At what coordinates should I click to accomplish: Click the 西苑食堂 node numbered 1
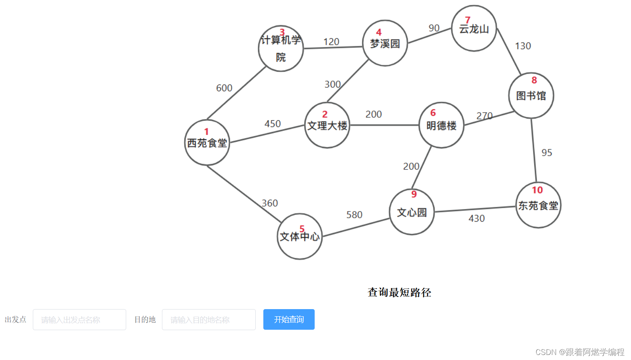(x=207, y=143)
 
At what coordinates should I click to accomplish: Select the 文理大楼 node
(x=327, y=125)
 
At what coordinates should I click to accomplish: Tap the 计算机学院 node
(x=281, y=48)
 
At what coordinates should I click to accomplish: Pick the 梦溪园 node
(x=385, y=43)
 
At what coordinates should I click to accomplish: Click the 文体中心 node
(x=300, y=236)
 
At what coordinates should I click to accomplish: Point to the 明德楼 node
(x=441, y=125)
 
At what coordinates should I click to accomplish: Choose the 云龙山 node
(x=474, y=29)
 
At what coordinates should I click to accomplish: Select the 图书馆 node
(x=531, y=95)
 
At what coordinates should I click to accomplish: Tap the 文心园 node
(x=412, y=212)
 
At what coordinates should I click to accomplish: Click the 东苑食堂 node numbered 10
(x=538, y=205)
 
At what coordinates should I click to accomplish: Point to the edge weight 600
(x=224, y=88)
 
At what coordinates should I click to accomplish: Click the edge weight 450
(x=273, y=124)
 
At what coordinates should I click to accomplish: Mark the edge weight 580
(x=354, y=214)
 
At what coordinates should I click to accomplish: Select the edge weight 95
(x=546, y=153)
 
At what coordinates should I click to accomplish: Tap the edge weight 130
(x=523, y=46)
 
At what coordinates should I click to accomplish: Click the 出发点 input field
(x=80, y=320)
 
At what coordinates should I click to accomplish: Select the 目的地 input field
(x=209, y=320)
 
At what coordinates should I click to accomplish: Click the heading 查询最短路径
(x=399, y=292)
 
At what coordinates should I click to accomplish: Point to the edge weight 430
(x=477, y=218)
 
